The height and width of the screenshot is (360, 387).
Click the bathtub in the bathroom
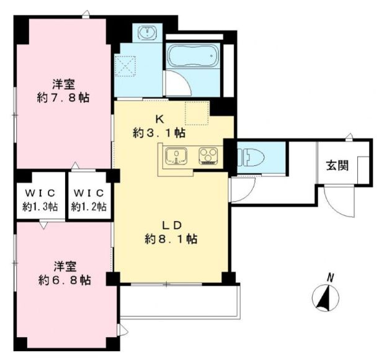193,56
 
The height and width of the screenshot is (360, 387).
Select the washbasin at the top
147,33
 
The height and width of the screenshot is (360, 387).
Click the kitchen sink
176,156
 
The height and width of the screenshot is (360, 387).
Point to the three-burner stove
208,156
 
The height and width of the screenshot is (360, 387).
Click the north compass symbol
326,297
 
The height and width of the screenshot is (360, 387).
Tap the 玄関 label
337,165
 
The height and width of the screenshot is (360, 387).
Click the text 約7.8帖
63,98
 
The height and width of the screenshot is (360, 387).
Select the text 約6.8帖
64,280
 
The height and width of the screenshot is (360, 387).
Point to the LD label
172,225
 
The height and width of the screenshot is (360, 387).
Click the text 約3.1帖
159,133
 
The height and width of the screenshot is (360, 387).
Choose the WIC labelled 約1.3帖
40,200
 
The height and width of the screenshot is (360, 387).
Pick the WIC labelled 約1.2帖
89,200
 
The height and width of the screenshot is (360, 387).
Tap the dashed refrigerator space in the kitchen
197,113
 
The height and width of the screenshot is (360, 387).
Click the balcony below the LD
180,302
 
